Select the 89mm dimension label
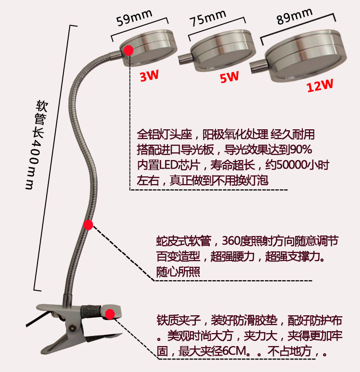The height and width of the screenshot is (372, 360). pyautogui.click(x=294, y=18)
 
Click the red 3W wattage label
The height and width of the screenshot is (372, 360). pyautogui.click(x=149, y=75)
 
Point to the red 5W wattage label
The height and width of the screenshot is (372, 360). pyautogui.click(x=229, y=76)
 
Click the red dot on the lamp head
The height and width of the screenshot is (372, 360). pyautogui.click(x=129, y=50)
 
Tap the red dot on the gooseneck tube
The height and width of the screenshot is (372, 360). pyautogui.click(x=88, y=224)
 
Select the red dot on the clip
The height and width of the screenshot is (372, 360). pyautogui.click(x=110, y=314)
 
